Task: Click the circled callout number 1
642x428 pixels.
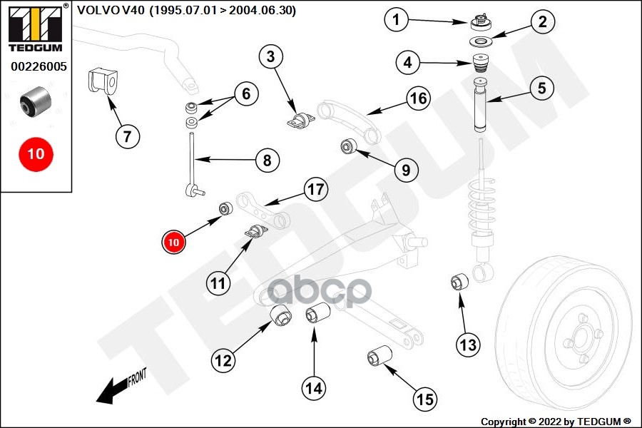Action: coord(396,19)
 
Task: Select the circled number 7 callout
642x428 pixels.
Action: coord(128,136)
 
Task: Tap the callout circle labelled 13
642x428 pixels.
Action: coord(468,345)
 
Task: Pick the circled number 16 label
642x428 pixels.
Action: coord(419,98)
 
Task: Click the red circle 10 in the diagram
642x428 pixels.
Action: coord(173,242)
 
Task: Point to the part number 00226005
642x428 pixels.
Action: coord(39,66)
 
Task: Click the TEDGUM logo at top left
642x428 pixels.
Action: coord(36,29)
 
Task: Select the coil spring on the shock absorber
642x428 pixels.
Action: coord(481,207)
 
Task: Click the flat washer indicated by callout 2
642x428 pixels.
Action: coord(481,42)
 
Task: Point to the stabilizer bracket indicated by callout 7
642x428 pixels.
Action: coord(103,81)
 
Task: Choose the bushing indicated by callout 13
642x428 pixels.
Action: coord(459,281)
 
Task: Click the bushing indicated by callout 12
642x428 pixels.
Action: coord(281,315)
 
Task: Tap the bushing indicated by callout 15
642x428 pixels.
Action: coord(379,355)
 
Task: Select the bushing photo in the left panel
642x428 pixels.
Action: coord(36,101)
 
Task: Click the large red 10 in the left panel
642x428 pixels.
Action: coord(36,154)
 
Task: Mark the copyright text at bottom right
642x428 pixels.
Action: coord(556,422)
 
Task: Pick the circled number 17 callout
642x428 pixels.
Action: coord(315,189)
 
